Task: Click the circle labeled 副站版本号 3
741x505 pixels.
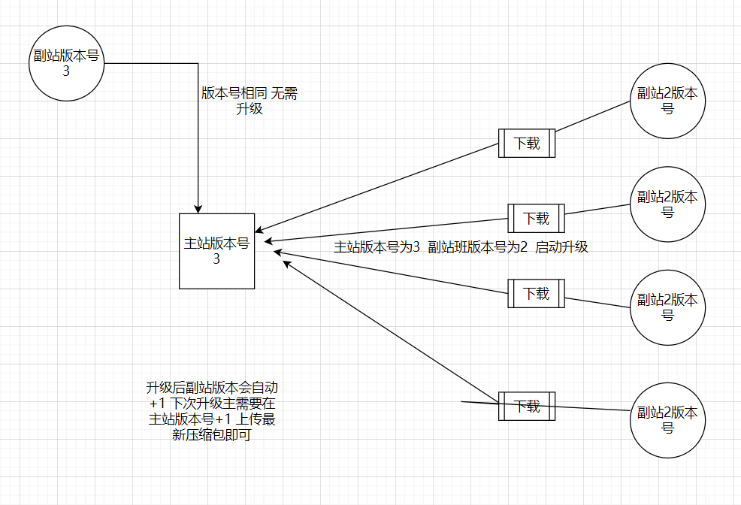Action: pos(66,64)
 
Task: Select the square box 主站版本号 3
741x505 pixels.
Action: pos(216,251)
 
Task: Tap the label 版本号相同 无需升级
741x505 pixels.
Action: pos(249,101)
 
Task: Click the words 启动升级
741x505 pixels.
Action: pos(561,247)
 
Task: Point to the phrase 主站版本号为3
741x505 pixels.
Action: pos(377,247)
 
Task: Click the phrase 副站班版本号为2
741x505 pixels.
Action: pos(478,247)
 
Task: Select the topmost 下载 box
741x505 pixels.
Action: pos(527,143)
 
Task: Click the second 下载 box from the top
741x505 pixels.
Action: pos(536,219)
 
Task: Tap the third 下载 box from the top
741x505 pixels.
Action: pos(536,293)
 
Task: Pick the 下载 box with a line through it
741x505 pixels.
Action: pos(527,407)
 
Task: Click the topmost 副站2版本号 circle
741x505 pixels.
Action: pos(667,101)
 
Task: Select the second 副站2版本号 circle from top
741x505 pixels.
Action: pos(667,204)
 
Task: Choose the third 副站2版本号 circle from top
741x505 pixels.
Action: pos(667,308)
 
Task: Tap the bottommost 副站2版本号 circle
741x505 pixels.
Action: pos(667,420)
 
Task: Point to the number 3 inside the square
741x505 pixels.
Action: pos(216,259)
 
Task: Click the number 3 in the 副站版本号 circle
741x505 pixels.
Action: pos(66,71)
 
